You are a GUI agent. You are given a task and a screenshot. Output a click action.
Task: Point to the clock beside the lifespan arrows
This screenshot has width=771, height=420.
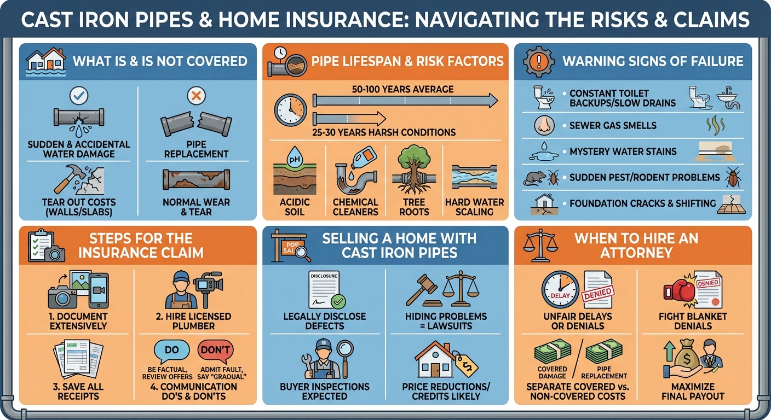291,109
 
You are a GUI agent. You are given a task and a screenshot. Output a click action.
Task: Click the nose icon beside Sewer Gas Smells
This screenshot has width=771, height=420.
544,126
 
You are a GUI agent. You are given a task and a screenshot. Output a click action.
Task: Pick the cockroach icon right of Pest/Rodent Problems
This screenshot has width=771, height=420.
732,178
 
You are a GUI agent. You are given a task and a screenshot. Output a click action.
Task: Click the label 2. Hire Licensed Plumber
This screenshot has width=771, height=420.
193,321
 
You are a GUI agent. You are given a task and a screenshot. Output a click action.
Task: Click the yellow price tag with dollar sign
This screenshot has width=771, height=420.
466,365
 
